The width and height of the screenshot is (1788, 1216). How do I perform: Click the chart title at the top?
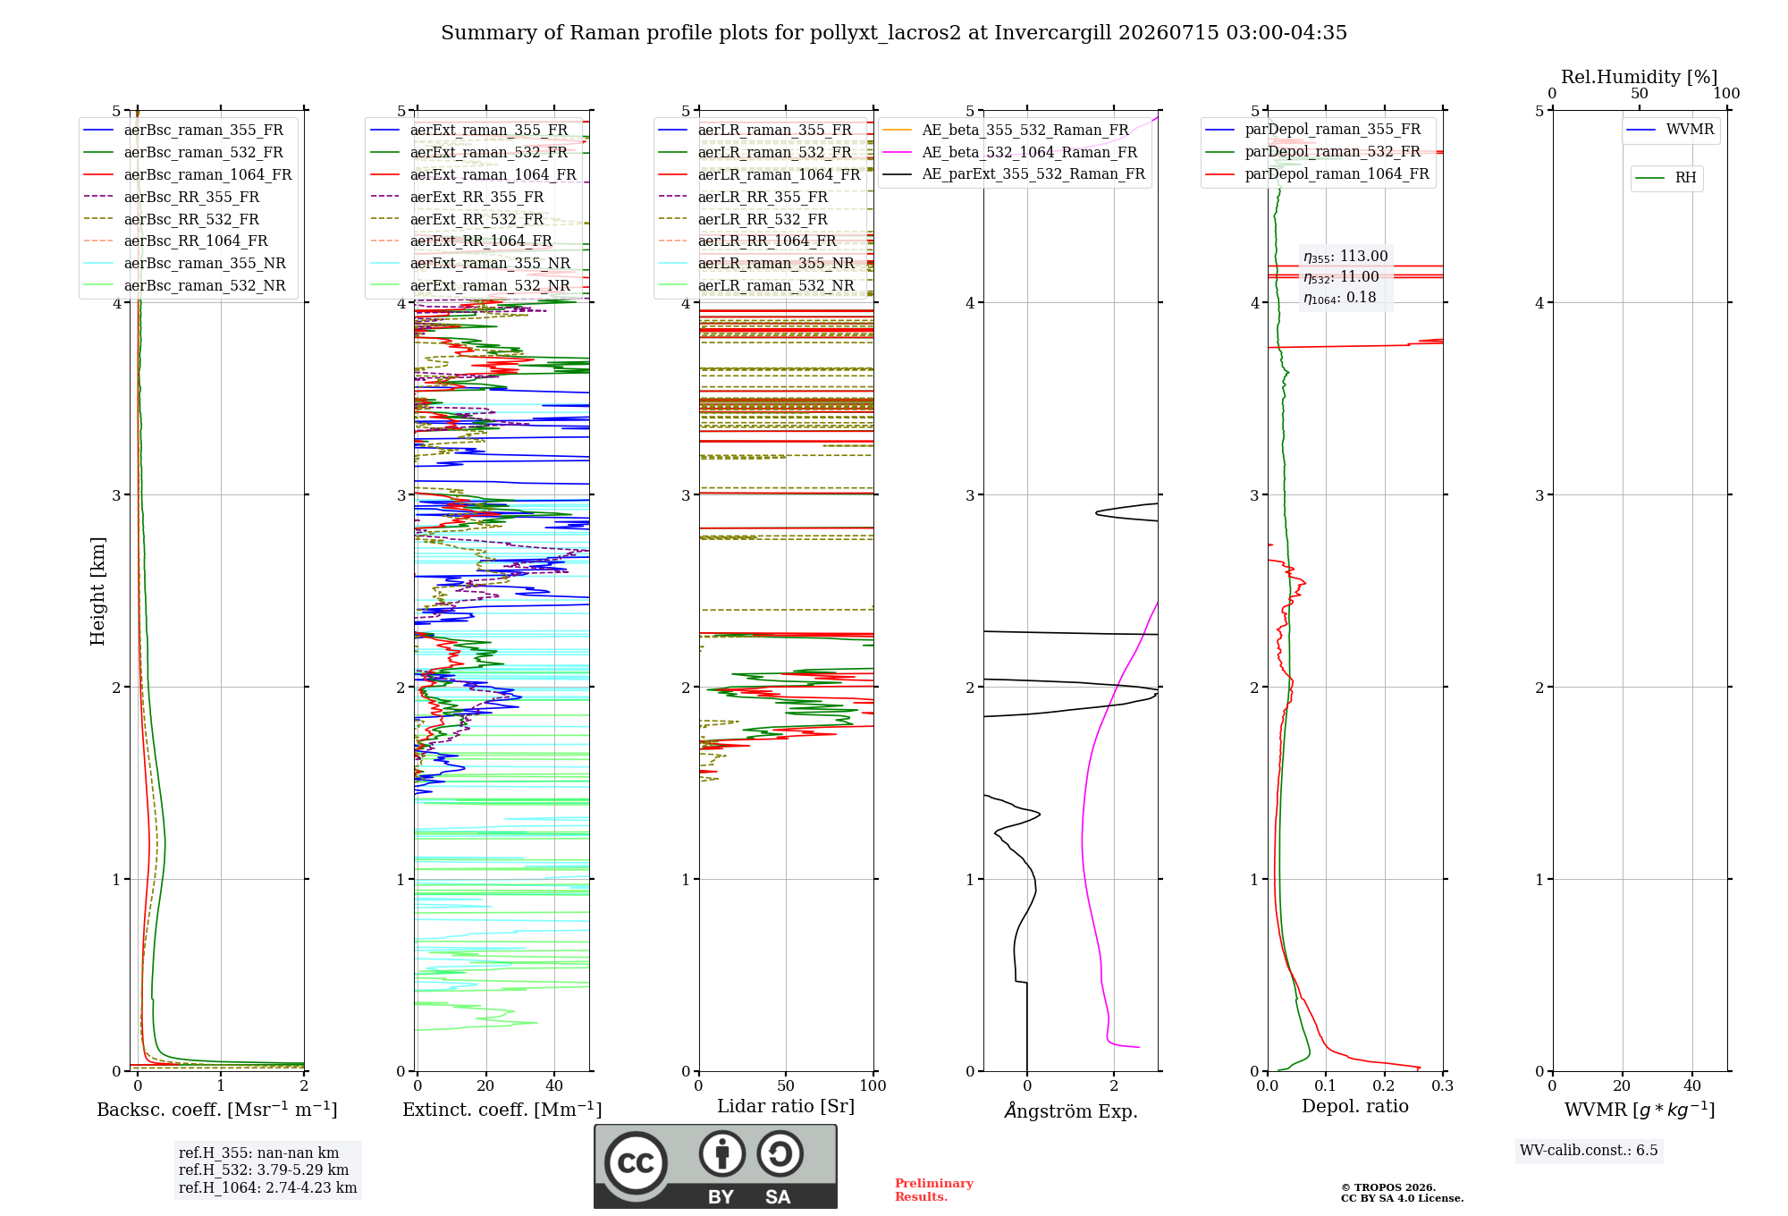click(894, 33)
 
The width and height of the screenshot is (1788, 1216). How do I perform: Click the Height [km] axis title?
click(97, 591)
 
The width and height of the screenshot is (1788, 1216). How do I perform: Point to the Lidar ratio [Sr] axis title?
click(786, 1106)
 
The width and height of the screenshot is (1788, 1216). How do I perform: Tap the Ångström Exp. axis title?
click(1071, 1110)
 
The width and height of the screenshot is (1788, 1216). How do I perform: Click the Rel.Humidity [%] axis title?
click(1640, 77)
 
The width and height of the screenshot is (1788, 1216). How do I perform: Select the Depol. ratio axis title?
click(1355, 1106)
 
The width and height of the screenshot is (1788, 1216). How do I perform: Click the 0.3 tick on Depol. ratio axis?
click(1443, 1085)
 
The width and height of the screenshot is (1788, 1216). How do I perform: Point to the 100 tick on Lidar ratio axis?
click(873, 1085)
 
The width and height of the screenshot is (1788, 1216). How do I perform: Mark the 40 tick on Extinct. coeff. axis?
click(554, 1085)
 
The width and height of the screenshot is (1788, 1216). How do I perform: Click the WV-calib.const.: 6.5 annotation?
click(1589, 1150)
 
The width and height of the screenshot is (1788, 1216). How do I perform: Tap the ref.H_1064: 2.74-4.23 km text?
click(267, 1187)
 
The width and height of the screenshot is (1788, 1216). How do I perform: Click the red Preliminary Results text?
click(934, 1190)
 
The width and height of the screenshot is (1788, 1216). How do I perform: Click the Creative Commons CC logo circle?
click(636, 1163)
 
